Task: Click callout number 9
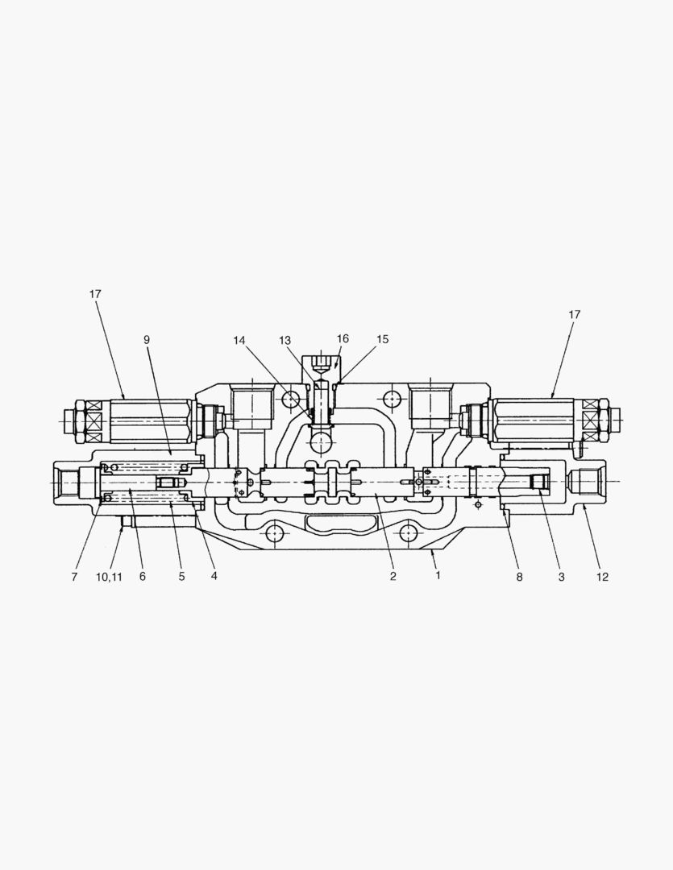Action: tap(147, 340)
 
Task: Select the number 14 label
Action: tap(239, 340)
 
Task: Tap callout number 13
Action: tap(285, 340)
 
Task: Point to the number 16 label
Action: tap(343, 339)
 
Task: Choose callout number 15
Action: tap(382, 340)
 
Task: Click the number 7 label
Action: tap(74, 577)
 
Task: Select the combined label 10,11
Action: tap(109, 577)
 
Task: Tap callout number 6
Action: tap(143, 577)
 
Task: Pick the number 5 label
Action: tap(181, 577)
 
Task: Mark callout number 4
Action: tap(214, 577)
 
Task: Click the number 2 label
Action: tap(393, 577)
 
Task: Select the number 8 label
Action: tap(519, 577)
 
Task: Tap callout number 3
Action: tap(560, 577)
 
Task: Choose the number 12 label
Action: tap(602, 577)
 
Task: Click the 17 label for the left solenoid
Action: tap(95, 294)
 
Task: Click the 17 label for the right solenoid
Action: tap(574, 315)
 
